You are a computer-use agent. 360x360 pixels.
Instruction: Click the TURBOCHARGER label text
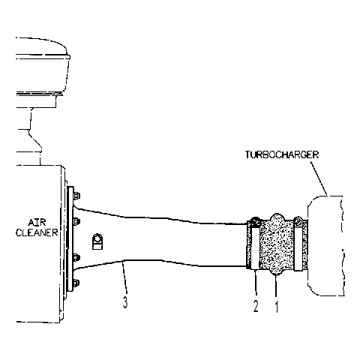coord(282,154)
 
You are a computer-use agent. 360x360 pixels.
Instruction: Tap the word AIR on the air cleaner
coord(37,222)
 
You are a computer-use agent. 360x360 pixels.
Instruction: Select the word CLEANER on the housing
coord(37,232)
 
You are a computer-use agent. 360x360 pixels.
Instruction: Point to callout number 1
coord(276,307)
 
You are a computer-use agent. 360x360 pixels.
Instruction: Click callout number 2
coord(256,306)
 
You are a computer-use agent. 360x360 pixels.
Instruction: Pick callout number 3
coord(125,302)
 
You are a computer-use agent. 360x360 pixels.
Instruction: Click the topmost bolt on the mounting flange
coord(76,196)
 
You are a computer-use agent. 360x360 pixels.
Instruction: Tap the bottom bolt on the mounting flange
coord(76,283)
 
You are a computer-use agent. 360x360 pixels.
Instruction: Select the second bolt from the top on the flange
coord(76,221)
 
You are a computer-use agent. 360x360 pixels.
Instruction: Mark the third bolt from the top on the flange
coord(76,257)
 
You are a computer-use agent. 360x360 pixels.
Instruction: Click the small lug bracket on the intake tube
coord(97,241)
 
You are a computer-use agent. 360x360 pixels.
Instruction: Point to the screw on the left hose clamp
coord(255,221)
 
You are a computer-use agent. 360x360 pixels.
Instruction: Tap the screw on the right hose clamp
coord(298,222)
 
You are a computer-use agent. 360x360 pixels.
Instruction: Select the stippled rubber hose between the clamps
coord(277,245)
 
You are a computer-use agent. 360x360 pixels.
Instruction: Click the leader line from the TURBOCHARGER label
coord(319,178)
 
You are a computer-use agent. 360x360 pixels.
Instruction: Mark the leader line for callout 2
coord(256,284)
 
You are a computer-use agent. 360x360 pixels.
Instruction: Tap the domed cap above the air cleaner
coord(43,66)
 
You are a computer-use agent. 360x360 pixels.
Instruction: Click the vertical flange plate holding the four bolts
coord(70,238)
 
